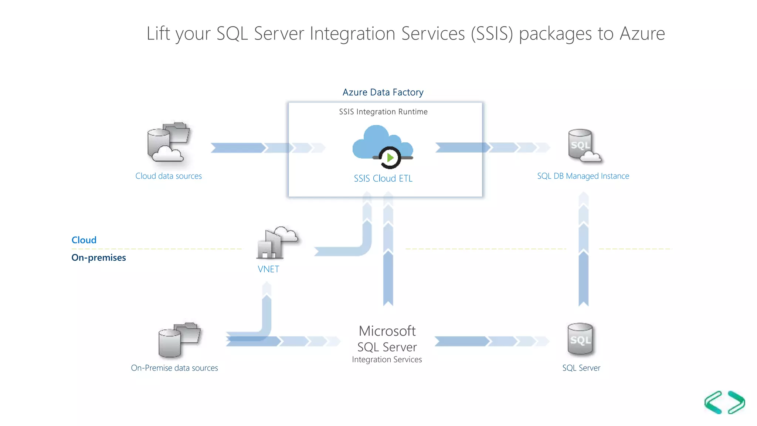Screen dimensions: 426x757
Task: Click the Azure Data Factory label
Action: click(383, 92)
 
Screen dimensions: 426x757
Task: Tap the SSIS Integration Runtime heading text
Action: click(383, 112)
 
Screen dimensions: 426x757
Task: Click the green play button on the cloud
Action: click(390, 158)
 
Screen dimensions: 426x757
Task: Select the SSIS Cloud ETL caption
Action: click(383, 178)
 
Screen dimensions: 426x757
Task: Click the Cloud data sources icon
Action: click(169, 143)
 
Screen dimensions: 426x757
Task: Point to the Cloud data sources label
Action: click(169, 176)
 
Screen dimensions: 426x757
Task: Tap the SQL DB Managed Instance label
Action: click(583, 176)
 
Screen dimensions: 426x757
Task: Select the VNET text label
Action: click(268, 269)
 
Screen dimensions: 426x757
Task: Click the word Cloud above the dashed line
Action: click(84, 240)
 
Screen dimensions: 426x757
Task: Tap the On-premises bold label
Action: click(99, 258)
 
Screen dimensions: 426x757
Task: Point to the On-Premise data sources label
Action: click(174, 368)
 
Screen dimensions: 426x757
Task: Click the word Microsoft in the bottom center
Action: click(387, 331)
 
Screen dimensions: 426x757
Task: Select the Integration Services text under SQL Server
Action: click(387, 359)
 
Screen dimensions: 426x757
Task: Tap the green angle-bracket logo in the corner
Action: click(724, 402)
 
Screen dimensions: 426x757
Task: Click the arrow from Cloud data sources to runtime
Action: click(266, 148)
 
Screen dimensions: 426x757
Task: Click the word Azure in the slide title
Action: click(642, 34)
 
